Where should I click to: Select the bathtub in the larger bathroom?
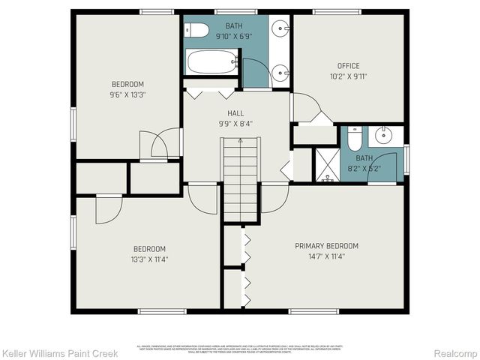[211, 62]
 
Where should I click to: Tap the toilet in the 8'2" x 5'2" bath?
[355, 139]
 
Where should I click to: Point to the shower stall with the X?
[326, 165]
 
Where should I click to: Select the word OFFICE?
[348, 66]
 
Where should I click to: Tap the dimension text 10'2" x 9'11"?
[348, 76]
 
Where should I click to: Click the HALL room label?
[235, 113]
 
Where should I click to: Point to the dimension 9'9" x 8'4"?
[235, 124]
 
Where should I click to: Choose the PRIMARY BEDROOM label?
[326, 246]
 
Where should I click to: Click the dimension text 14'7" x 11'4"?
[326, 256]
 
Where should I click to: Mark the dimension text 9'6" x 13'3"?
[127, 94]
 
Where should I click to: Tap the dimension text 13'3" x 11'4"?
[149, 259]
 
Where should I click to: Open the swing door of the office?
[305, 109]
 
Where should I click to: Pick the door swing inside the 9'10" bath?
[255, 74]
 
